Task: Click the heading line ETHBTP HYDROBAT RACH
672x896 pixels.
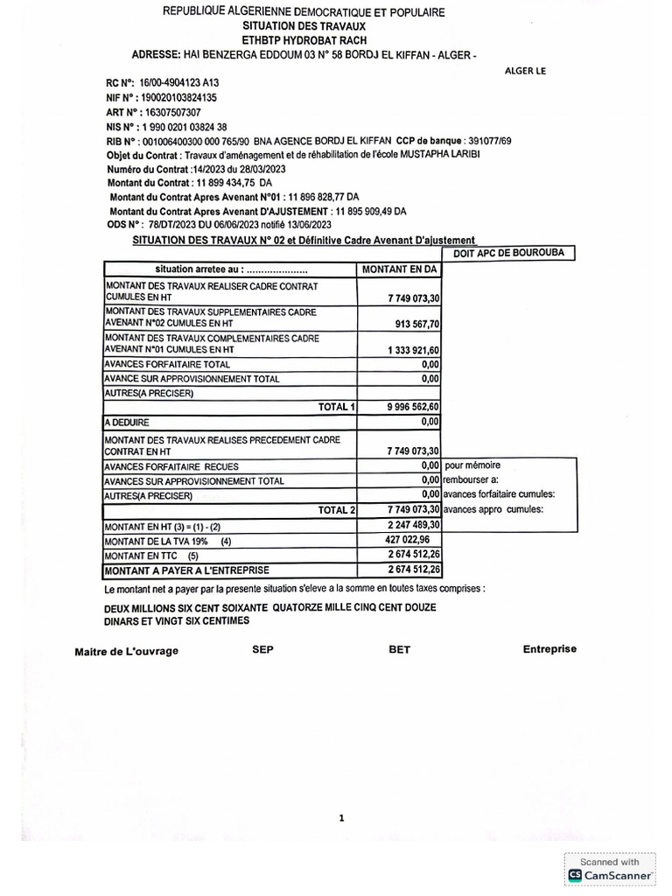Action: tap(304, 40)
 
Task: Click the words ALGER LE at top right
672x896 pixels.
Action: tap(526, 72)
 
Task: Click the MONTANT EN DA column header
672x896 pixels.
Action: tap(399, 269)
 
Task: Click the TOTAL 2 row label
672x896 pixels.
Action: tap(337, 509)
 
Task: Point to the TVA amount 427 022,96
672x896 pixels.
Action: tap(411, 541)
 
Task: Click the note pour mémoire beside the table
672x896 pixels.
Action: tap(472, 465)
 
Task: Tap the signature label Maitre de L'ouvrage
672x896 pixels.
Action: tap(126, 651)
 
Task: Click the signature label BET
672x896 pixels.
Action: tap(399, 650)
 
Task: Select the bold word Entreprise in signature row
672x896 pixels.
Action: tap(549, 649)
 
